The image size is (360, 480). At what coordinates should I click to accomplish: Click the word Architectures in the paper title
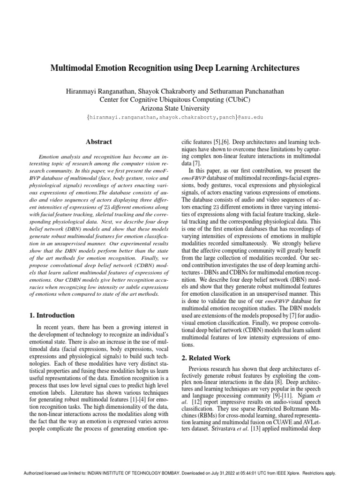click(x=271, y=68)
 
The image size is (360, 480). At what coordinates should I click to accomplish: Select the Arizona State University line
click(x=180, y=108)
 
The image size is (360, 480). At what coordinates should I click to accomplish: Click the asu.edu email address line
click(x=180, y=117)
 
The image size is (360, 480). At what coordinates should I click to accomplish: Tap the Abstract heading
click(x=98, y=141)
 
